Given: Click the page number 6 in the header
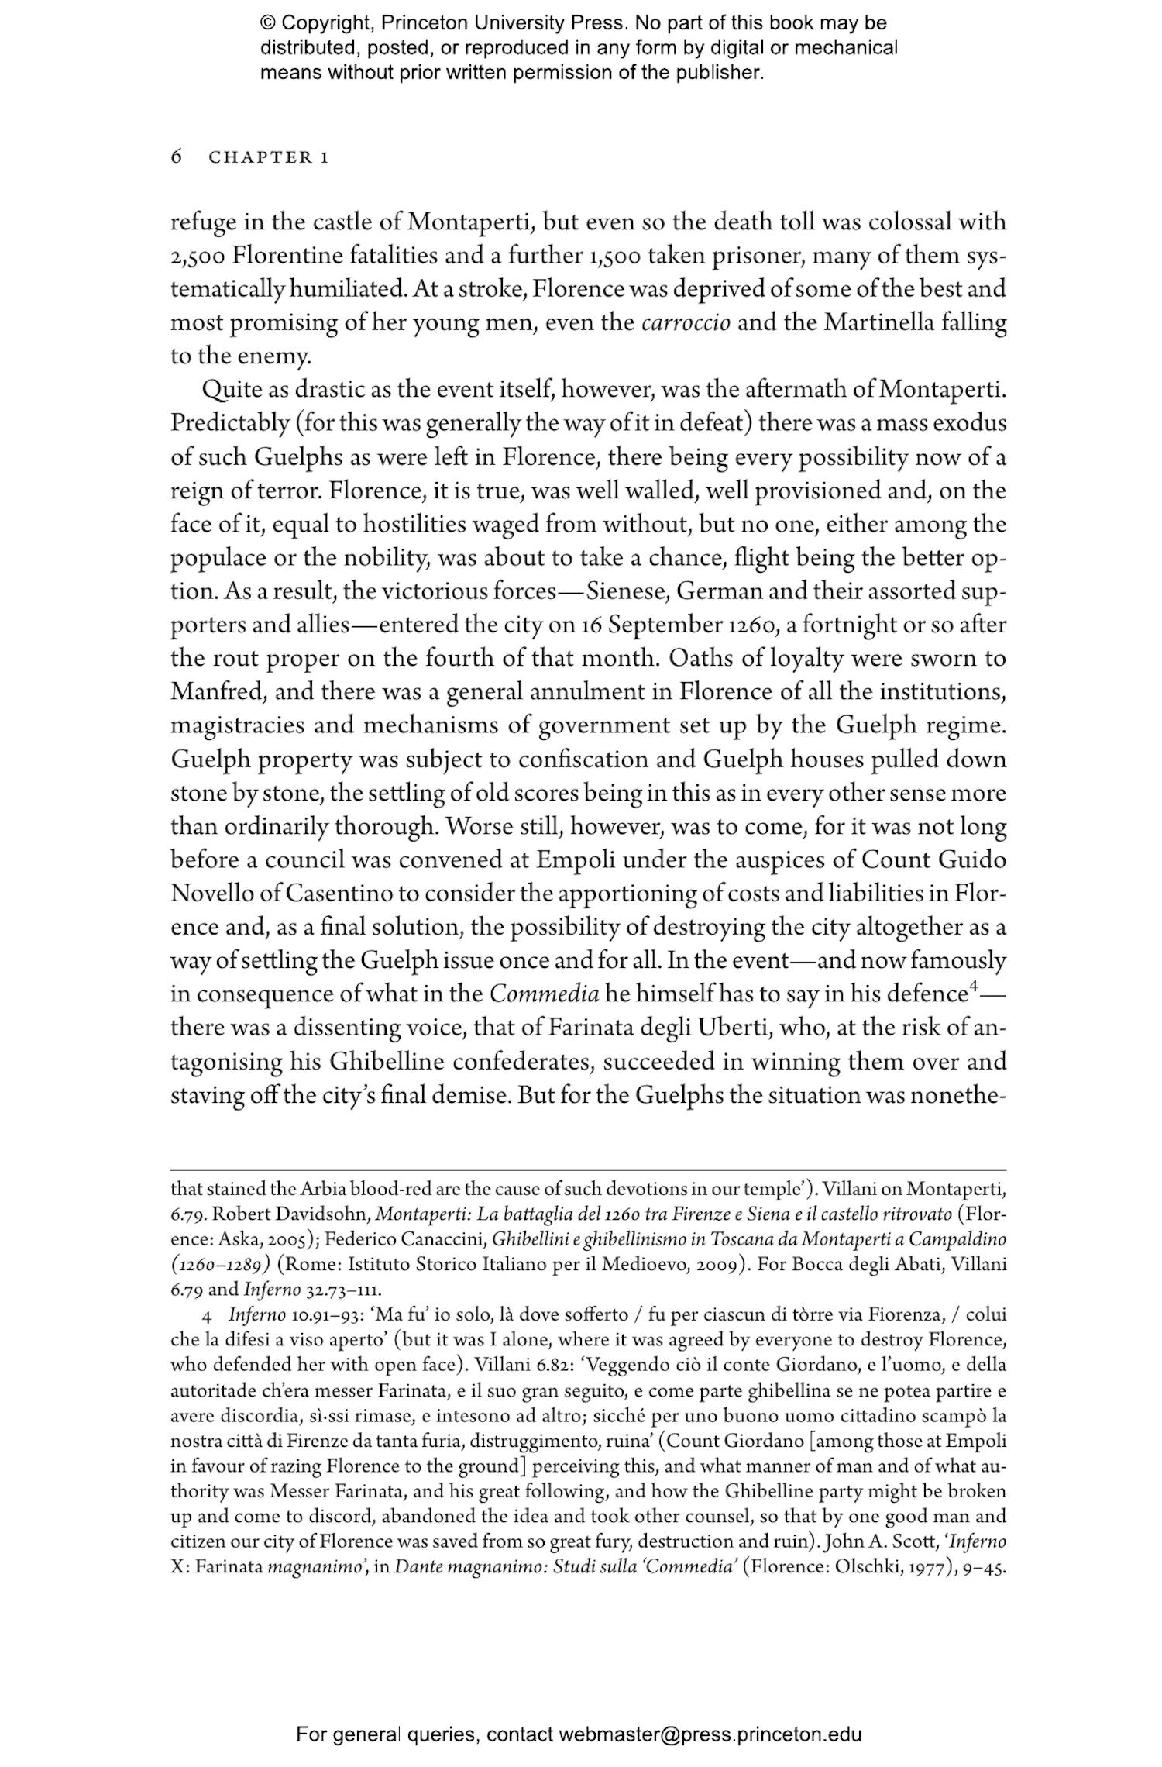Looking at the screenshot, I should pyautogui.click(x=176, y=157).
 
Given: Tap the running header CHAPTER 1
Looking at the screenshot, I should pyautogui.click(x=270, y=157).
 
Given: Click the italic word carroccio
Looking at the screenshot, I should pyautogui.click(x=686, y=322).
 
